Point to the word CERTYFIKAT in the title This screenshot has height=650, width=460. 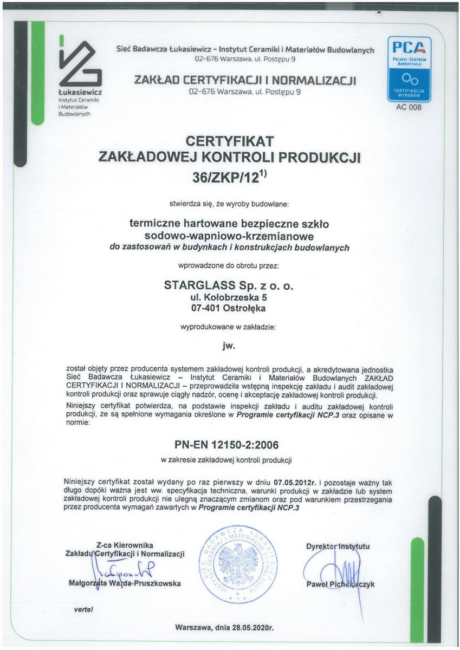point(230,141)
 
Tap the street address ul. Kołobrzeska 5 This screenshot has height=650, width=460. point(230,297)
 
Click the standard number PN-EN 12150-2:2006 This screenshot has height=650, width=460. point(230,445)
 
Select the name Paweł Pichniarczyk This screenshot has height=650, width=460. point(340,584)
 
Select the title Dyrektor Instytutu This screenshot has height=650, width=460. point(338,546)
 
